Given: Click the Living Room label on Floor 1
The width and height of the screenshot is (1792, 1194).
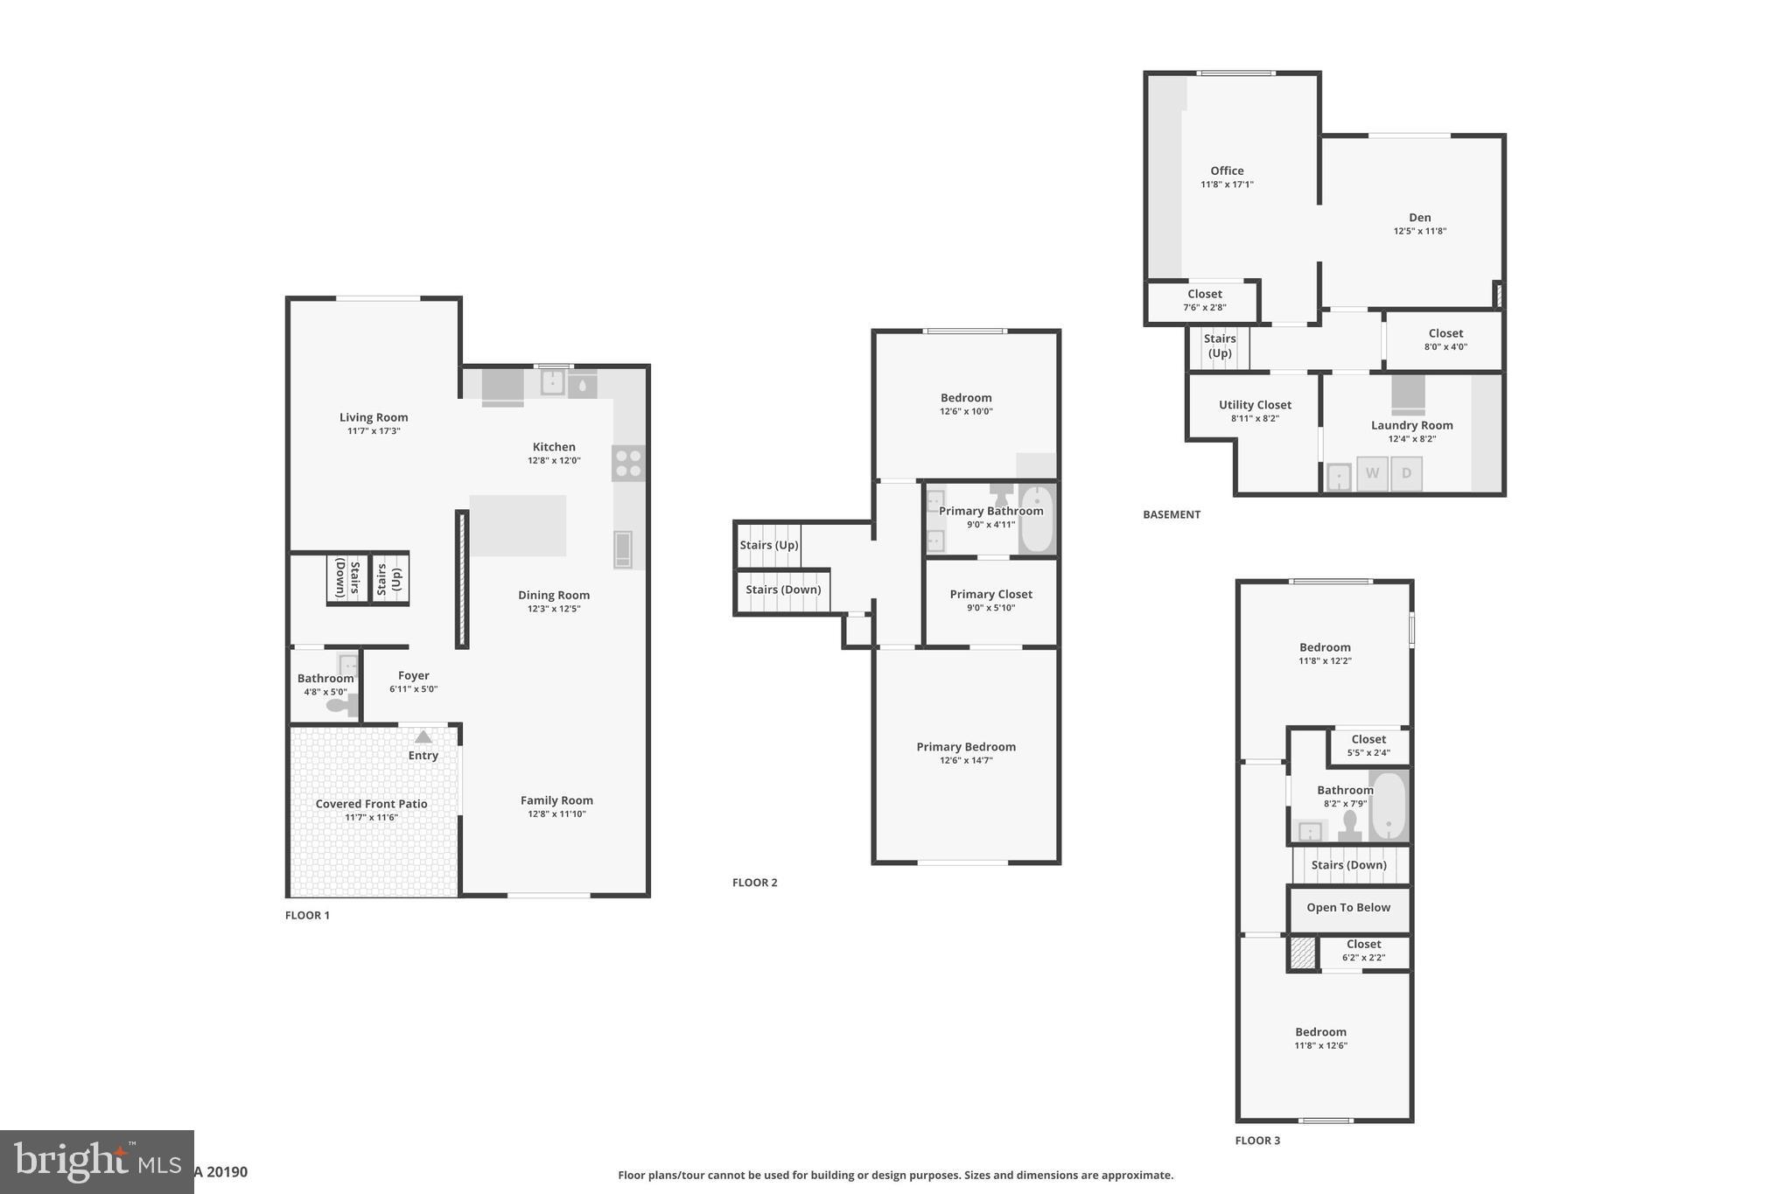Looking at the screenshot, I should [374, 417].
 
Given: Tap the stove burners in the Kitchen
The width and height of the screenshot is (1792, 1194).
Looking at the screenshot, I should [628, 463].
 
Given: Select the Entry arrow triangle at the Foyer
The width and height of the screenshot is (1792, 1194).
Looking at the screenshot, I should [423, 737].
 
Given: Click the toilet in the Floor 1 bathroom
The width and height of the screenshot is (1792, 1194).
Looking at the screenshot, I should [339, 704].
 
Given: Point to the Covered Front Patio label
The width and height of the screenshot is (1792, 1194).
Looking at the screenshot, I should [371, 803].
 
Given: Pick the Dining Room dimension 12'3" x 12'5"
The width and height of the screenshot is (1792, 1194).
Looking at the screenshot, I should [553, 609].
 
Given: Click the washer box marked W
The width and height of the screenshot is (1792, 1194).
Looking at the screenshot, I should [1372, 473].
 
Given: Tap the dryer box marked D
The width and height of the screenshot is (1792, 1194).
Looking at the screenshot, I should [1406, 473].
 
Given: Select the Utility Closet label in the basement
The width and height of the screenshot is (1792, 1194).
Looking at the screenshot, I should [1255, 405].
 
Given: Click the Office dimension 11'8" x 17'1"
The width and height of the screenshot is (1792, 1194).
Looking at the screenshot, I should [1227, 185].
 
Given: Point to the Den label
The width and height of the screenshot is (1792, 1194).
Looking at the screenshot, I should [1419, 218].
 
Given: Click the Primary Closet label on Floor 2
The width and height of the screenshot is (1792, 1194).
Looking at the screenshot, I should [990, 594].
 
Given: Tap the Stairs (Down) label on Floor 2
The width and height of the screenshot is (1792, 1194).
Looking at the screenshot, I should [783, 590].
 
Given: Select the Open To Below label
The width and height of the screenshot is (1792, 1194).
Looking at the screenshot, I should [1347, 907].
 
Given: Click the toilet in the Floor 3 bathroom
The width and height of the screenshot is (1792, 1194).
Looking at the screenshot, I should [1349, 826].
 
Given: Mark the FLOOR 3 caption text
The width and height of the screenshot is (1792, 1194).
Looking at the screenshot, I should [1257, 1141].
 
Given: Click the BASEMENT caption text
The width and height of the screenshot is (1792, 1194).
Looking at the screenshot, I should [1172, 514].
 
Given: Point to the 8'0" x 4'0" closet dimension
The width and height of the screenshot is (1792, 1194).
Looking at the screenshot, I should [1445, 346].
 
